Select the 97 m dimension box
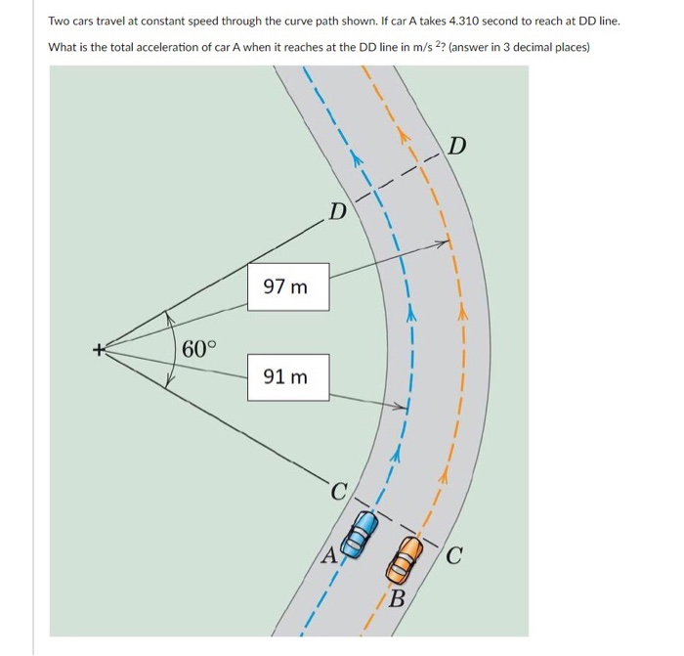click(x=286, y=286)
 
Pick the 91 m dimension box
click(x=286, y=376)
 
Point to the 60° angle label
click(x=200, y=349)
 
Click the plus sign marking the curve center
click(x=98, y=348)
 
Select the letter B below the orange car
click(x=397, y=599)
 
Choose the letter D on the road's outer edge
click(x=457, y=148)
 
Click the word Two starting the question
click(x=60, y=21)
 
